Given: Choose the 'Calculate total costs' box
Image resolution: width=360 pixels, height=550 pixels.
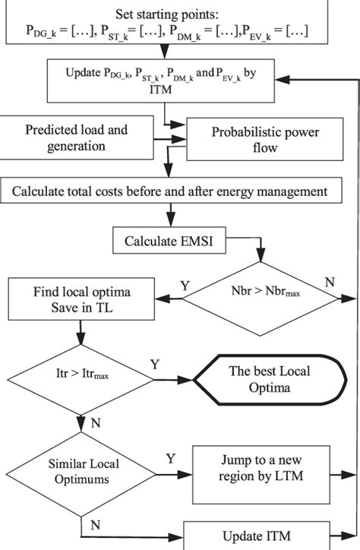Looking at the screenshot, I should point(169,191).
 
